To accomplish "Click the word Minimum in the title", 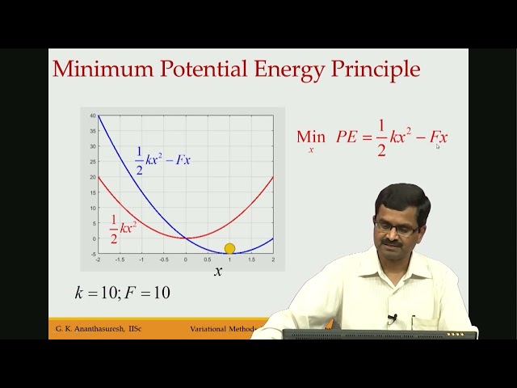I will pyautogui.click(x=99, y=69).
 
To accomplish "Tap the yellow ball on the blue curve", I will pyautogui.click(x=229, y=249).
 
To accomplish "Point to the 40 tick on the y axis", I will pyautogui.click(x=93, y=116).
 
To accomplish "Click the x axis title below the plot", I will pyautogui.click(x=218, y=272).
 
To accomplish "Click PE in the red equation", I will pyautogui.click(x=347, y=137).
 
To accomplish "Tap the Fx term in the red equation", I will pyautogui.click(x=438, y=137).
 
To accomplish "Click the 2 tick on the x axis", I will pyautogui.click(x=273, y=259).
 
